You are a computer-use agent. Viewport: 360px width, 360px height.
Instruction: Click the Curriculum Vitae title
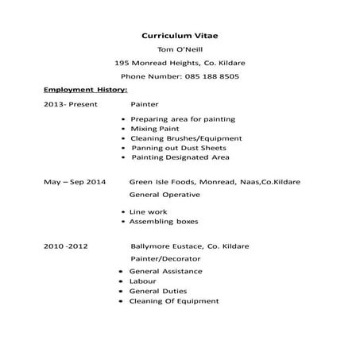[x=180, y=36]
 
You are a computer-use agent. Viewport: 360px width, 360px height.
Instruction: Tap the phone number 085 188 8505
[x=180, y=76]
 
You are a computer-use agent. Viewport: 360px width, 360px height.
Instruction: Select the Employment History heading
[x=85, y=90]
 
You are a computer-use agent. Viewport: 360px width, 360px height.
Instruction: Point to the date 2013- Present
[x=70, y=104]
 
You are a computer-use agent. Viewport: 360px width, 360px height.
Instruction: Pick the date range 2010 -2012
[x=66, y=246]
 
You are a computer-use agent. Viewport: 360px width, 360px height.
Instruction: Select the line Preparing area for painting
[x=182, y=118]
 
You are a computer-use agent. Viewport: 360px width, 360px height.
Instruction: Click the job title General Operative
[x=165, y=194]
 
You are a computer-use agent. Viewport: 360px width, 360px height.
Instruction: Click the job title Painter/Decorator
[x=166, y=259]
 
